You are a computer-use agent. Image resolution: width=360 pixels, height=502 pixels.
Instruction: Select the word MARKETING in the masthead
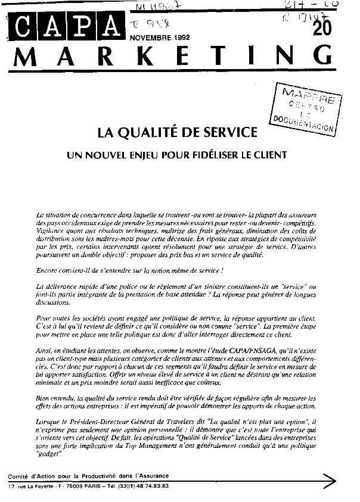179,58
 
